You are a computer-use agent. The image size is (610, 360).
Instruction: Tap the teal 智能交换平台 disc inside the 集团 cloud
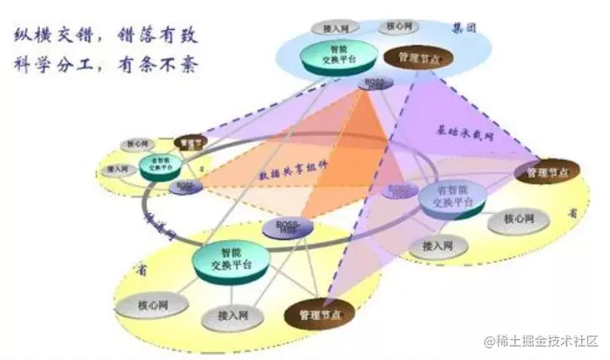332,55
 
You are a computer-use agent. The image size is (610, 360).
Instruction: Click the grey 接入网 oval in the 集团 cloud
335,27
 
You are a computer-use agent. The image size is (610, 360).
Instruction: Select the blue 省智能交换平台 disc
452,198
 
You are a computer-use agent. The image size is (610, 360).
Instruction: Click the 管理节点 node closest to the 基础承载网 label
547,171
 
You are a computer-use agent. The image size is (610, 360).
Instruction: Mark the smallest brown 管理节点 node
190,142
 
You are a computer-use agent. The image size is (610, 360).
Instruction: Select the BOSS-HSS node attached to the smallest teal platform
186,186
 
